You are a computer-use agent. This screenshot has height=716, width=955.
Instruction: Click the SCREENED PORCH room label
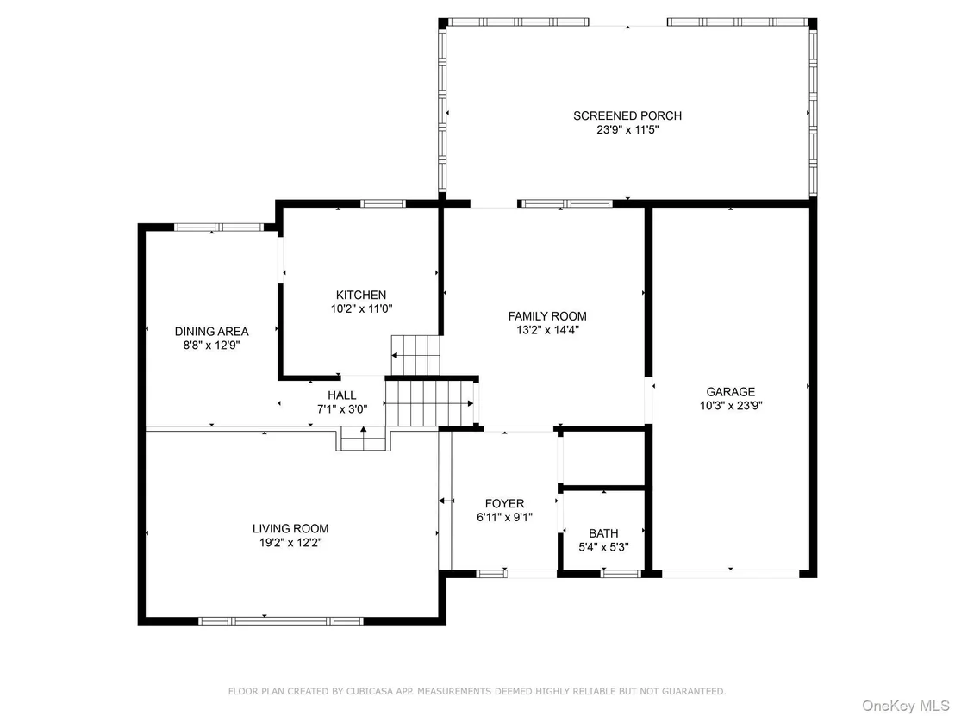(x=627, y=115)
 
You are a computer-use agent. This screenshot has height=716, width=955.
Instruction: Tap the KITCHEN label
(x=361, y=295)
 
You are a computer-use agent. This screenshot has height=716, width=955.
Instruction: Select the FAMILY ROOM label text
(x=547, y=316)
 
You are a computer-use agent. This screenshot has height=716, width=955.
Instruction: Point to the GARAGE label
(x=731, y=392)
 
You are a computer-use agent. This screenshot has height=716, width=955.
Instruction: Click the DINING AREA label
(x=212, y=332)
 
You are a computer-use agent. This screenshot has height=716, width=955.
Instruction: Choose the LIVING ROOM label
(x=290, y=529)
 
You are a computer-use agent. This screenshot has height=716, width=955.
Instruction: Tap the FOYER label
(x=504, y=503)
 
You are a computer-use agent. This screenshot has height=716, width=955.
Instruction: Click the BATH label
(x=603, y=533)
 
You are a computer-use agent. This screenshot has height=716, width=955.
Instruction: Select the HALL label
(x=341, y=395)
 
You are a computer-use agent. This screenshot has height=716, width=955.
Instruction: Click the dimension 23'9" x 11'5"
(x=627, y=130)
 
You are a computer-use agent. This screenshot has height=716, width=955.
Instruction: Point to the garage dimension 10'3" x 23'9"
(x=731, y=406)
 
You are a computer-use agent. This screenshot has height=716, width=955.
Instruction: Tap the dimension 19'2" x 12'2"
(x=290, y=543)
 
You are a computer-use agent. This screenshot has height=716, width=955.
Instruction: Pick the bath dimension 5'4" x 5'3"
(x=603, y=547)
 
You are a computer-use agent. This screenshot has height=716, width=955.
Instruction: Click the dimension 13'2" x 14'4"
(x=547, y=330)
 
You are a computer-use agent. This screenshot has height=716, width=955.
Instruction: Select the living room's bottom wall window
(x=281, y=621)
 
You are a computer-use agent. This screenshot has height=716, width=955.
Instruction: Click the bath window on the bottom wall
(x=621, y=574)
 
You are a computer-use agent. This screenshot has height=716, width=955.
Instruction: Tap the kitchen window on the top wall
(x=383, y=203)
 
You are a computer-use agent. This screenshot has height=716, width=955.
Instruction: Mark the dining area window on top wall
(x=219, y=227)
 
